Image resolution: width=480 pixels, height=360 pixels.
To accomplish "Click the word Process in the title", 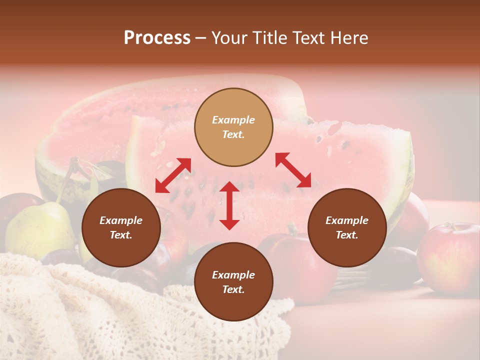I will point(157,38).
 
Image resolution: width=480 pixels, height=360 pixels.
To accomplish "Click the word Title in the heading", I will point(268,38).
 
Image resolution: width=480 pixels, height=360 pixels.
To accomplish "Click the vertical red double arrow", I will point(229,205).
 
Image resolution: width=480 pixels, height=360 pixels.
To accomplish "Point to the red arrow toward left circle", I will point(173,175).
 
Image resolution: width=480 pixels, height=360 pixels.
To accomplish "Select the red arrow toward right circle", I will point(293,170).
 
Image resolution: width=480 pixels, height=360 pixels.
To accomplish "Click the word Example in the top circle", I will point(233,120).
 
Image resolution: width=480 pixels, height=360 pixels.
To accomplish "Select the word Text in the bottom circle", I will point(233,289).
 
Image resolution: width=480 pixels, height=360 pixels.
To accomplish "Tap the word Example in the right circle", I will point(347,220).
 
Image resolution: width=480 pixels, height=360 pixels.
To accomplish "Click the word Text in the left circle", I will point(121,235).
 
